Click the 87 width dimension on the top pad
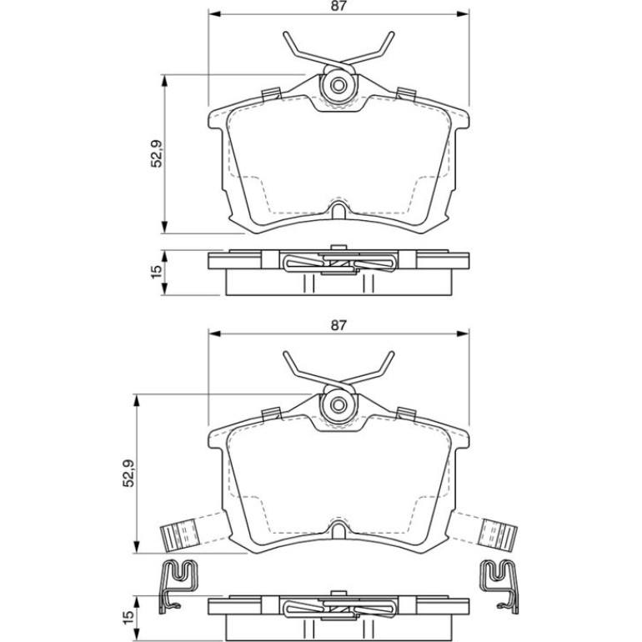tap(339, 7)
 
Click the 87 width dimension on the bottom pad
tap(339, 325)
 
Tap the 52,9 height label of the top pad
tap(158, 153)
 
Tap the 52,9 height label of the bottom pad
tap(129, 473)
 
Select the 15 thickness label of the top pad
tap(157, 272)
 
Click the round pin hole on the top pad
tap(339, 86)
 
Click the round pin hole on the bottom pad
tap(339, 405)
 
